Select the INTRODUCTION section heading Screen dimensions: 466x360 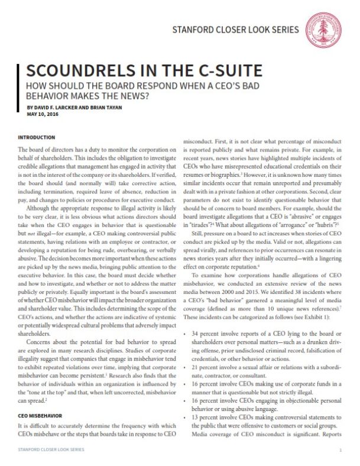pyautogui.click(x=38, y=137)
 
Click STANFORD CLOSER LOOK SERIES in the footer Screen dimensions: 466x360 pyautogui.click(x=49, y=450)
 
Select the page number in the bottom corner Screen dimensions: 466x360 pyautogui.click(x=340, y=450)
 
